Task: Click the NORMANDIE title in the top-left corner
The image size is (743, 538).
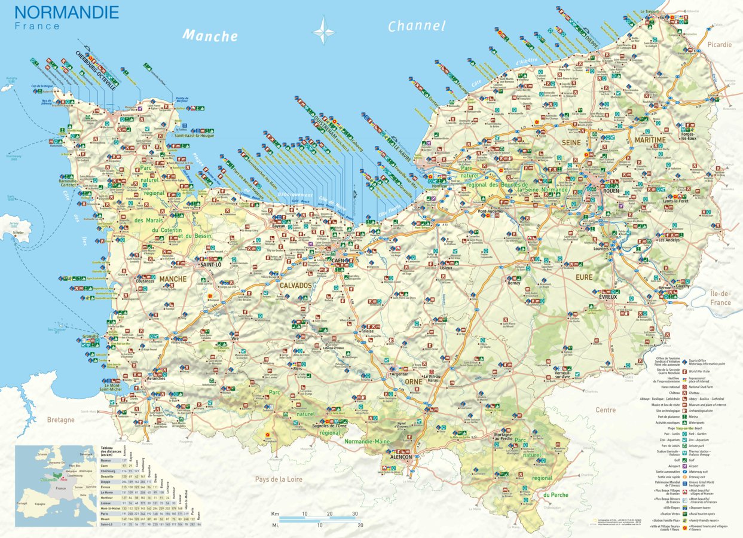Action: point(66,12)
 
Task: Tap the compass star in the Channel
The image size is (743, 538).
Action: point(324,30)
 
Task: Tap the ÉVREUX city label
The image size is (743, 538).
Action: point(607,297)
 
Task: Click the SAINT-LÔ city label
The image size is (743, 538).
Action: point(211,264)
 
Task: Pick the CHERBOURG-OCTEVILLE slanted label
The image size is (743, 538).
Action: point(97,70)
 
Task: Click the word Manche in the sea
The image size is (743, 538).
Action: point(210,36)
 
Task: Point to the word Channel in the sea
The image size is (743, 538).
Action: point(417,26)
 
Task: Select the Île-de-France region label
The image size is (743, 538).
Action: point(720,298)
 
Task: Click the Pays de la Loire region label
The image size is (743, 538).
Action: point(279,479)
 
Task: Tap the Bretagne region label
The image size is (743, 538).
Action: point(61,420)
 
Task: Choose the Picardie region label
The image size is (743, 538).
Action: point(719,44)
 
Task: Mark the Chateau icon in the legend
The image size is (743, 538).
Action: point(683,393)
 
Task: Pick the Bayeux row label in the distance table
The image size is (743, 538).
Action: point(106,460)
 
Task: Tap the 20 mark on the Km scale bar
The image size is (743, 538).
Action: point(329,514)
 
